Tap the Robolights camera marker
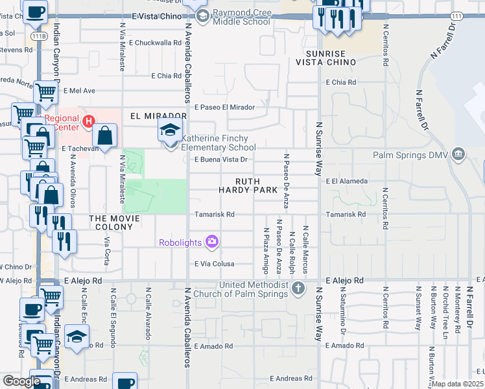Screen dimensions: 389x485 211,242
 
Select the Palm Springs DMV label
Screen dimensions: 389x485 411,155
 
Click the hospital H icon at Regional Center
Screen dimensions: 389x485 89,121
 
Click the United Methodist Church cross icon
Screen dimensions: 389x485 298,287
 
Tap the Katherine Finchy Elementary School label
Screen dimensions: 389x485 219,143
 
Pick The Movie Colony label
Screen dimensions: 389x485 115,222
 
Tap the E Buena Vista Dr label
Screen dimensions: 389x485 221,159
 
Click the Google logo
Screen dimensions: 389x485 21,381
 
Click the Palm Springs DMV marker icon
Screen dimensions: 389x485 458,154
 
